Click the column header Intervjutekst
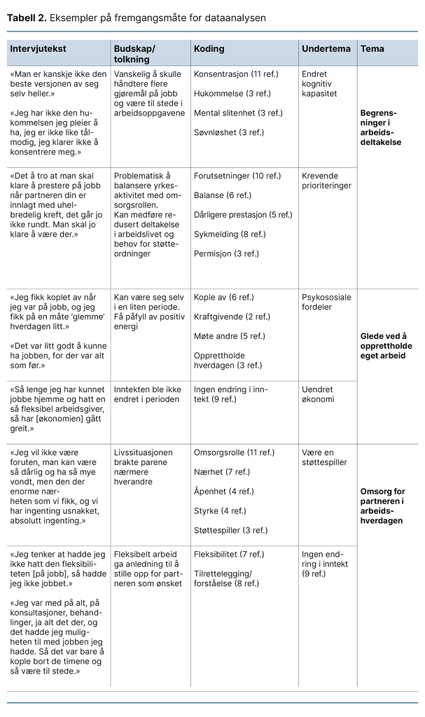[x=38, y=49]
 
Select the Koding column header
[x=209, y=49]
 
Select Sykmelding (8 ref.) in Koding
[x=230, y=235]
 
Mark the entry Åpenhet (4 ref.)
[x=223, y=492]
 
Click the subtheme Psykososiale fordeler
[x=326, y=302]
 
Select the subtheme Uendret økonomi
[x=318, y=394]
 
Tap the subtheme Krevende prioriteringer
[x=326, y=181]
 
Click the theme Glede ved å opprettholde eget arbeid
[x=386, y=346]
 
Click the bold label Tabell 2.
[x=27, y=18]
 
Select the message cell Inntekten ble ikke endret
[x=146, y=394]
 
